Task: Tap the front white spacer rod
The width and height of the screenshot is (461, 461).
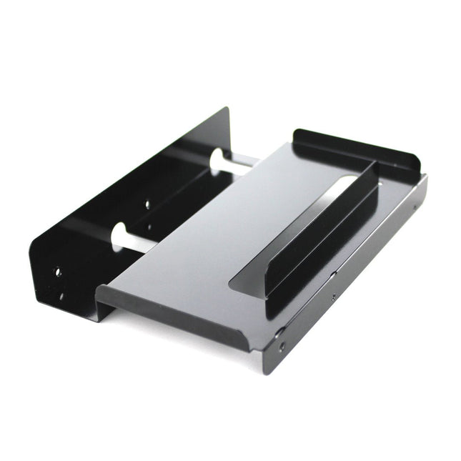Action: point(132,241)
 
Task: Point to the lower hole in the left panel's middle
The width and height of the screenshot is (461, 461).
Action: point(149,229)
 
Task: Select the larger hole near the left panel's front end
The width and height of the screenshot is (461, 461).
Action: point(56,272)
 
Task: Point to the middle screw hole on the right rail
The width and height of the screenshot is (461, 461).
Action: point(333,295)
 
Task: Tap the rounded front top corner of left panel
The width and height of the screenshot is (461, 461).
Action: point(31,257)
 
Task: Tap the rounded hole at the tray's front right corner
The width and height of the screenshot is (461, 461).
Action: point(280,332)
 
